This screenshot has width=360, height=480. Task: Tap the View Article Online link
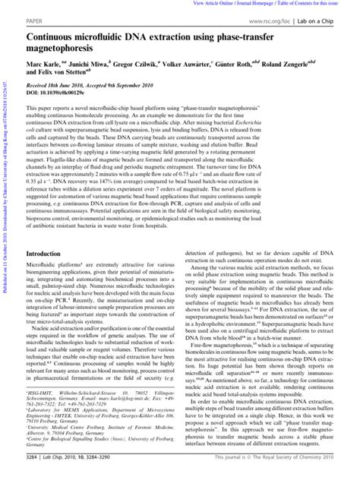[x=206, y=4]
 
